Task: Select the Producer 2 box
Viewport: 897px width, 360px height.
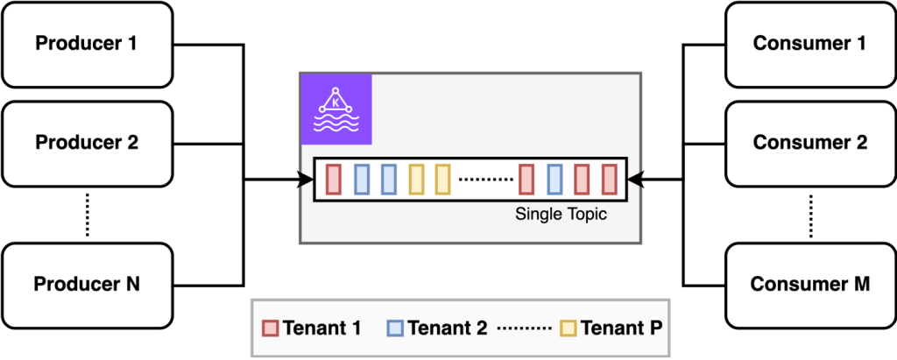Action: click(87, 142)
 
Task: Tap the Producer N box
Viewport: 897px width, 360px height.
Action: click(87, 284)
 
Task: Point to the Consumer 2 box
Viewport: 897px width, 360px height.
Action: click(810, 142)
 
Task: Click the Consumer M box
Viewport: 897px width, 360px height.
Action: click(810, 284)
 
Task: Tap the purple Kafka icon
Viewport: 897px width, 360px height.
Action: click(336, 109)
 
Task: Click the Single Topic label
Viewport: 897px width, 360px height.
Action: click(561, 214)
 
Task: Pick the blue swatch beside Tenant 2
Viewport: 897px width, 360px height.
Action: click(394, 329)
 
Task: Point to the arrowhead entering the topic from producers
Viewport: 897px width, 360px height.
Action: click(307, 180)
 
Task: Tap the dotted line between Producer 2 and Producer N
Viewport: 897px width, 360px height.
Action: click(87, 214)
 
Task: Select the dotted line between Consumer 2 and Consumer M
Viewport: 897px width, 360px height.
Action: click(810, 214)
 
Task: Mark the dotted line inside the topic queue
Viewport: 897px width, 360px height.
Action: click(486, 180)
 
